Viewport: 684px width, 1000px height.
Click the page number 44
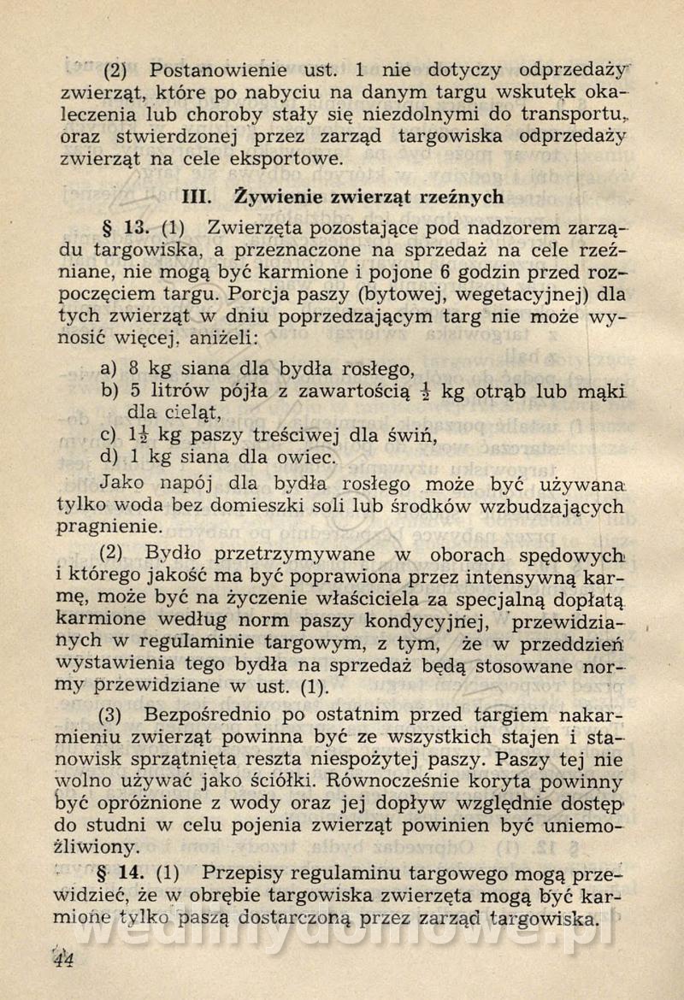point(62,959)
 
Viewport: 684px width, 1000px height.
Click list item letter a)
point(109,369)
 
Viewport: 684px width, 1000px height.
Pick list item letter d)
point(109,456)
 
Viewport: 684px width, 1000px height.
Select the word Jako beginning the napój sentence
point(121,482)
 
